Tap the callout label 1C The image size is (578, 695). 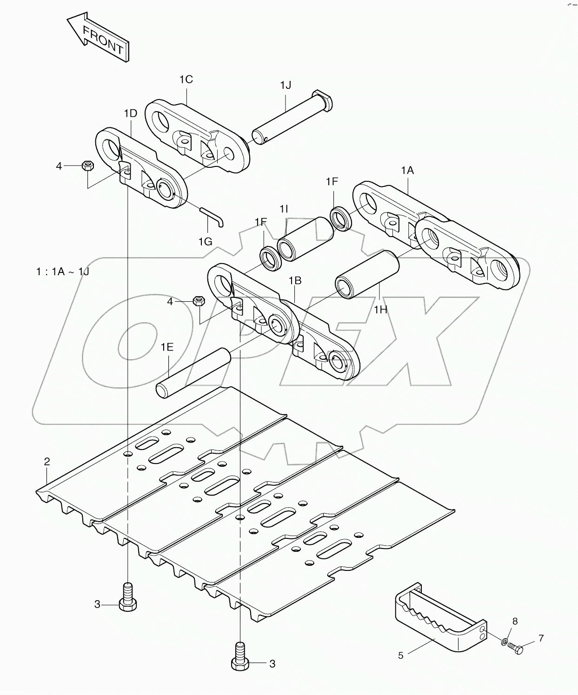(186, 79)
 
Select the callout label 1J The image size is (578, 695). (286, 85)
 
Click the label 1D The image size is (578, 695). (131, 113)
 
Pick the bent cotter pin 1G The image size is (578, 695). (213, 217)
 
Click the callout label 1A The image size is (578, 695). (407, 171)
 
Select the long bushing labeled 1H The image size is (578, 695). (368, 275)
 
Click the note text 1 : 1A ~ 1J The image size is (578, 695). (62, 271)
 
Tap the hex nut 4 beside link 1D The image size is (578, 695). (88, 165)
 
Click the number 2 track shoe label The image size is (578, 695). (47, 462)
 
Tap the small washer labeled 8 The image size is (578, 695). (505, 642)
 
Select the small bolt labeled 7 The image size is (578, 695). (515, 646)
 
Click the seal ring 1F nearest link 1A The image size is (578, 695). (341, 217)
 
